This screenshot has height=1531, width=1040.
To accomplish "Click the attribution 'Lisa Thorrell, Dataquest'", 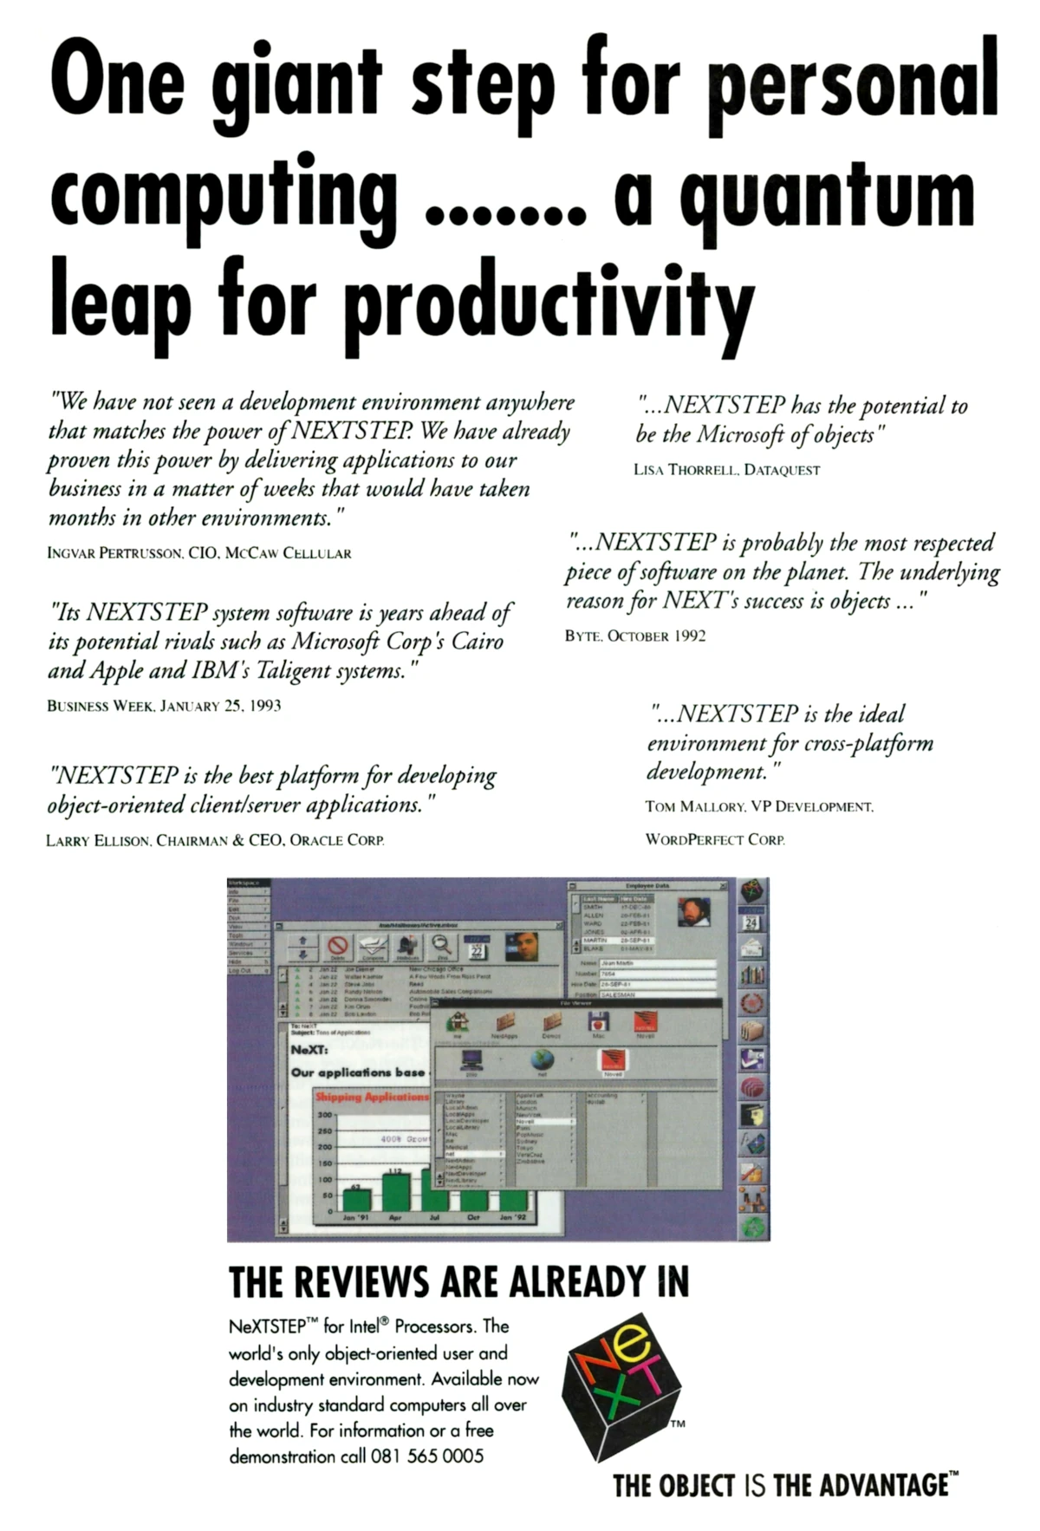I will tap(726, 470).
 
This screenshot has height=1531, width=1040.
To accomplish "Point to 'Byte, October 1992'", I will tap(635, 636).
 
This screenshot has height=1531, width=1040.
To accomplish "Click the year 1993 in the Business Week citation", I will tap(264, 706).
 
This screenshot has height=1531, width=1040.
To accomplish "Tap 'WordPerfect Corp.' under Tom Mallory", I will tap(715, 840).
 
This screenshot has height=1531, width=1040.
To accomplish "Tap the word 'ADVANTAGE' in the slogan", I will tap(884, 1486).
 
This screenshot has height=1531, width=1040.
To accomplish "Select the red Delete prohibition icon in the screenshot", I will tap(337, 948).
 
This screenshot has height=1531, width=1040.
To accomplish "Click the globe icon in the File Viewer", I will tap(542, 1059).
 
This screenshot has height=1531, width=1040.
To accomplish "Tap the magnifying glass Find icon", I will tap(443, 947).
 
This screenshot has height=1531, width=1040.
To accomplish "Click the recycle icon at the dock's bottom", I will tap(753, 1227).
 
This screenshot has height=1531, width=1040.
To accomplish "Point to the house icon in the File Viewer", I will tap(458, 1022).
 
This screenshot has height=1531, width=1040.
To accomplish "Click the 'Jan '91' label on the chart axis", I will tap(355, 1218).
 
